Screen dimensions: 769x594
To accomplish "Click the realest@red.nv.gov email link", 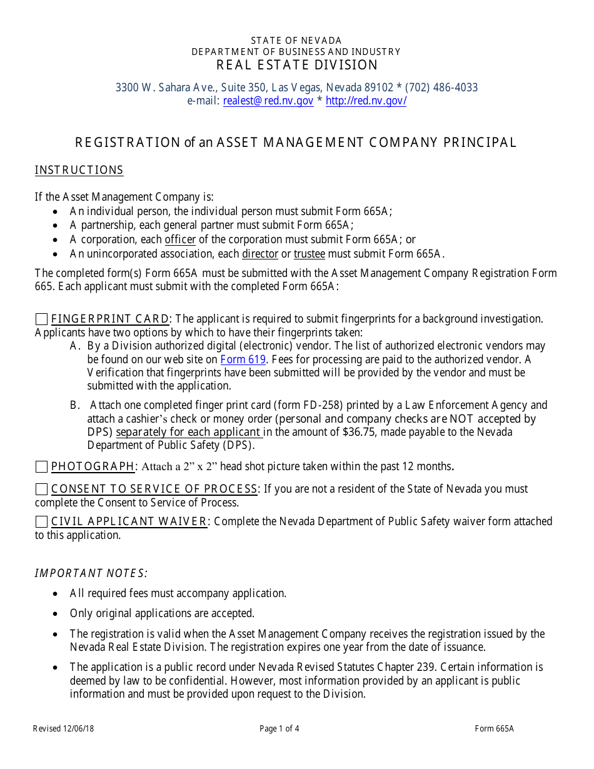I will (268, 101).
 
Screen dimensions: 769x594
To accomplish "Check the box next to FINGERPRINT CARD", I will (41, 319).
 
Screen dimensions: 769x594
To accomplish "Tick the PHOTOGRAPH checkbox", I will (41, 466).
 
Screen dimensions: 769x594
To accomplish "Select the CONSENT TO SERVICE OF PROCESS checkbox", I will (41, 489).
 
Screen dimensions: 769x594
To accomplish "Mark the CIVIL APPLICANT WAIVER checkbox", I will (41, 521).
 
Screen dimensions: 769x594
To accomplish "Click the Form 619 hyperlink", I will (243, 359).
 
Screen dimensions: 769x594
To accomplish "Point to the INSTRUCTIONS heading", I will (79, 170).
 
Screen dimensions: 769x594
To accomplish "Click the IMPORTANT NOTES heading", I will (91, 573).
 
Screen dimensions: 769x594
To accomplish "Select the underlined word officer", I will (180, 239).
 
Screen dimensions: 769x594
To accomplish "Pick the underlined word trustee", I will (310, 253).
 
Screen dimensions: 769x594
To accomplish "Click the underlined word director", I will (260, 253).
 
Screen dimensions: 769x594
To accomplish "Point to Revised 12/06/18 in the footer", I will (64, 728).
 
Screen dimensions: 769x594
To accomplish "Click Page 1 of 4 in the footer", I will (279, 728).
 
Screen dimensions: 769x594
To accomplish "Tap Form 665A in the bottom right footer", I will (494, 728).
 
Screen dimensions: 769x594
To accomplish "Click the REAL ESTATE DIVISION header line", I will (297, 65).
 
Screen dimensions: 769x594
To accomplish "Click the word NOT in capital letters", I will (461, 419).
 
